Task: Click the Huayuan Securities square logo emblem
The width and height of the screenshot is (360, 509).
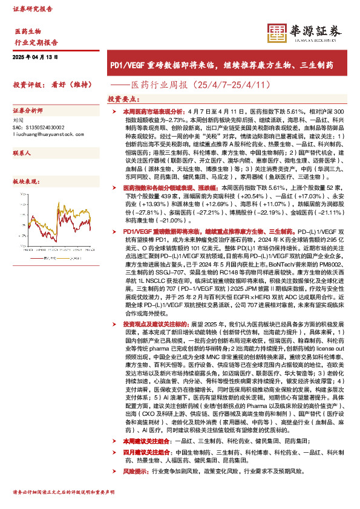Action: click(x=277, y=32)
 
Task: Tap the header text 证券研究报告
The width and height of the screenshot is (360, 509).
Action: click(x=33, y=10)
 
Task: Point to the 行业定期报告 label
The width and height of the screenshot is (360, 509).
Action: click(x=36, y=42)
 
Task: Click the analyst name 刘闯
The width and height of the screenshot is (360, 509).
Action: click(x=18, y=120)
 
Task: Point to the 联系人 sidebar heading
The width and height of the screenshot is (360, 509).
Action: click(x=22, y=154)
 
